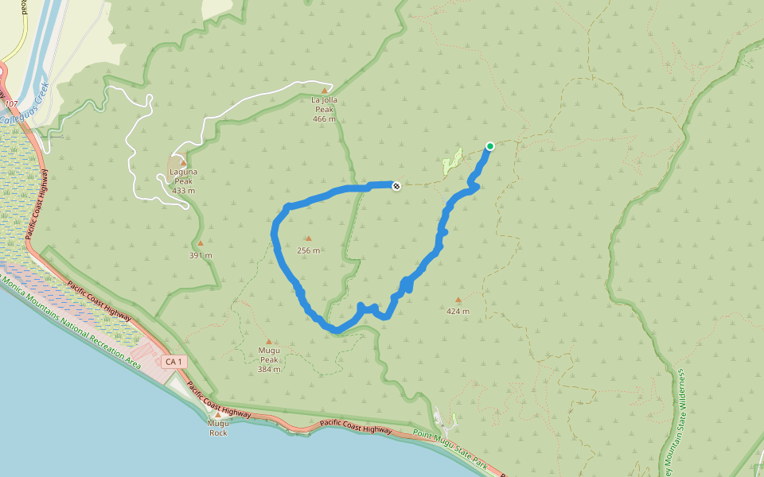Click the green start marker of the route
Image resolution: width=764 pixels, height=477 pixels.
click(490, 145)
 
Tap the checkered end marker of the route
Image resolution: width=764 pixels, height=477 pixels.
click(396, 185)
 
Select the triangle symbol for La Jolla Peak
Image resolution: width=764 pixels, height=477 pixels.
click(325, 90)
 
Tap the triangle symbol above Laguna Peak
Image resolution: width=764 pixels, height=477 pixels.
click(183, 162)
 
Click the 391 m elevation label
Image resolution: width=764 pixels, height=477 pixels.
click(201, 255)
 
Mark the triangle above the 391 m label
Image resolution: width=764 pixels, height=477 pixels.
click(201, 243)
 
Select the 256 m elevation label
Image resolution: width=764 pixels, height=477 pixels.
click(308, 250)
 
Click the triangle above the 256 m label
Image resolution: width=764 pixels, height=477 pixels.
click(308, 238)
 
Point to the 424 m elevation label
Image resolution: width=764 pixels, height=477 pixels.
click(458, 311)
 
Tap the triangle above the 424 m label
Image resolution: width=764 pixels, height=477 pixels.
click(458, 300)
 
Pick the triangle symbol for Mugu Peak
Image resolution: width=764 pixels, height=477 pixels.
click(268, 341)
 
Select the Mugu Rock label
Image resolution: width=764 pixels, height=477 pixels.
click(217, 429)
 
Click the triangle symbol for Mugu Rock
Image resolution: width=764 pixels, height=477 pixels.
click(217, 414)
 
